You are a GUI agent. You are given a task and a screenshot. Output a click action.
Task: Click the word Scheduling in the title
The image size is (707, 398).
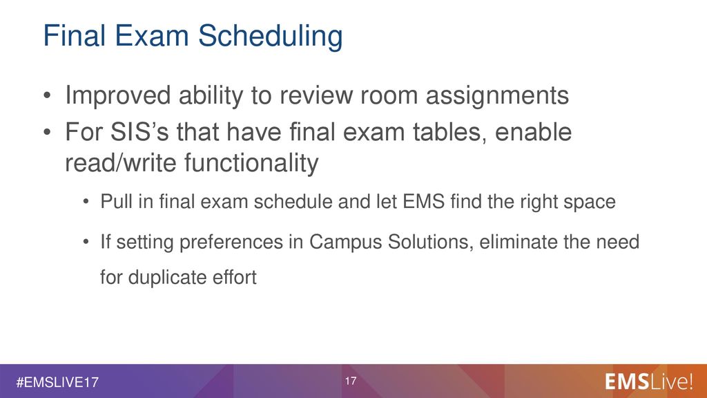pos(270,36)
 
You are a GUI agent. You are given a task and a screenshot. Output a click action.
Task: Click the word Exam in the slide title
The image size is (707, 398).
pos(151,35)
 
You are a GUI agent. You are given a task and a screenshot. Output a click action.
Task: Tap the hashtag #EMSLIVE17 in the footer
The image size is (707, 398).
pos(57,383)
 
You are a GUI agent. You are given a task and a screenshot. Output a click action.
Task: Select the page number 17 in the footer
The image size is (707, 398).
pos(351,381)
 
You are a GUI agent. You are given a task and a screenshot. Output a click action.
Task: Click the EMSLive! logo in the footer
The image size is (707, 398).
pos(648,381)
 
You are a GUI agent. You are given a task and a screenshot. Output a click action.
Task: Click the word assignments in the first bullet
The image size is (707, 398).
pos(497,95)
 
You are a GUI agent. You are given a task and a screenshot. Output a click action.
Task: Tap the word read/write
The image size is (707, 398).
pos(120,162)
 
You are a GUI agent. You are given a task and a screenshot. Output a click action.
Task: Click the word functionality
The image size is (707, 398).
pos(251,163)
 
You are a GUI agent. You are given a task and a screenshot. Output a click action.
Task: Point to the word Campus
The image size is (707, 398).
pos(345,243)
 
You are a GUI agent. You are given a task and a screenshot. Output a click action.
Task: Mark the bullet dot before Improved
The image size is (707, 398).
pos(47,96)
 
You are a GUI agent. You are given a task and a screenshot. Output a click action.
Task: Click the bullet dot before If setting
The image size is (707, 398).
pos(86,243)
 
